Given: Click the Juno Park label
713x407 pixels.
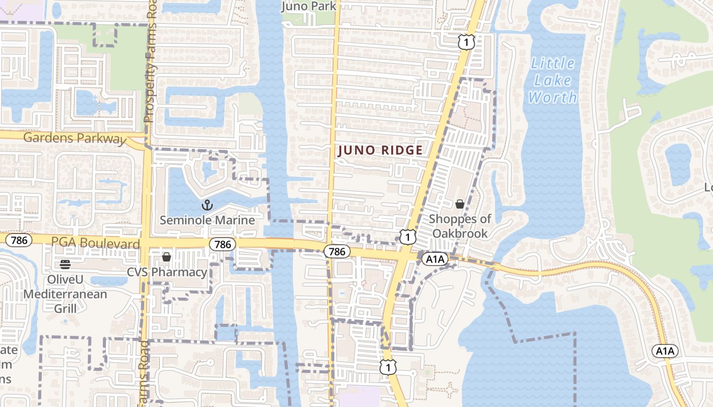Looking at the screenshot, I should coord(309,6).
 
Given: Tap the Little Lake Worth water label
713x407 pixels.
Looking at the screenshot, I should coord(553,80).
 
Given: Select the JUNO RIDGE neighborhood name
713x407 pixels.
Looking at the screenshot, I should coord(380,150).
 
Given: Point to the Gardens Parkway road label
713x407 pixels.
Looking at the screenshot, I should coord(74,138).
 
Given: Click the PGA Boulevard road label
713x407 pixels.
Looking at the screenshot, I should coord(95,244).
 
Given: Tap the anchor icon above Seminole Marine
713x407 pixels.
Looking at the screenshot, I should coord(207,206).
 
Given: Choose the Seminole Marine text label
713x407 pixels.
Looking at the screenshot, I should coord(207,220).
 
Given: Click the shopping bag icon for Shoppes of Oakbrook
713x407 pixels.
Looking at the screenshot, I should coord(460,204).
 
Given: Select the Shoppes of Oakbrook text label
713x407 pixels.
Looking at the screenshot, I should coord(460,226).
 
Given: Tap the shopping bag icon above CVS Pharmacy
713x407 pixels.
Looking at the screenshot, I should coord(167,257).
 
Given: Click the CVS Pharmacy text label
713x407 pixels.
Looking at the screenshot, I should coord(167,272).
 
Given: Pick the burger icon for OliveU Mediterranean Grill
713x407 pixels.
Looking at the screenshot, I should coord(65,264).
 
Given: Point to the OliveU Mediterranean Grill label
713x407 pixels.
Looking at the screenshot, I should coord(65,294).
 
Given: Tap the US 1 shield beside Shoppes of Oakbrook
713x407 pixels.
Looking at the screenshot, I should coord(407,237).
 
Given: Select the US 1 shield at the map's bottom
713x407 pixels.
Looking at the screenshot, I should coord(388,366).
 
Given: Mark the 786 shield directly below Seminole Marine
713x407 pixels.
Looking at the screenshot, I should coord(223,245).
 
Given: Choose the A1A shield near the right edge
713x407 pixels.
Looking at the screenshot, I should coord(665,351).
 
